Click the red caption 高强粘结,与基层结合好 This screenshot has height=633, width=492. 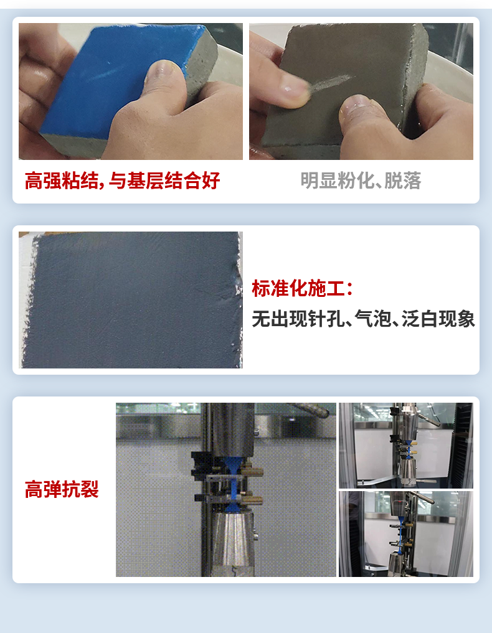[122, 180]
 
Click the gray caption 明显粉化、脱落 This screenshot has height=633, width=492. [361, 180]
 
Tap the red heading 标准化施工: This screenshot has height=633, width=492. [303, 288]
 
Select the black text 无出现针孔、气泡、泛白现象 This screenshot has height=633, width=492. [363, 319]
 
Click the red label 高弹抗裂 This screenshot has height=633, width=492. [62, 489]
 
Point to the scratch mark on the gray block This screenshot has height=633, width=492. [329, 83]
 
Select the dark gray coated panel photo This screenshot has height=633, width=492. [131, 299]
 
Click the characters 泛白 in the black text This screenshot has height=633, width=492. [420, 319]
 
